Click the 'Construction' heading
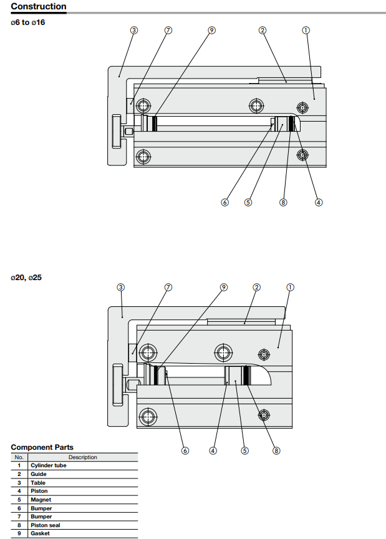[39, 7]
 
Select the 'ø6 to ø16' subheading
[28, 22]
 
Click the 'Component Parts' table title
[42, 447]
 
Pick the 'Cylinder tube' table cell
[48, 465]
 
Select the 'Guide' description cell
[39, 474]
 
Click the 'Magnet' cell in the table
[41, 500]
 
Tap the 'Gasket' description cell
[40, 533]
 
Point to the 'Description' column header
[82, 457]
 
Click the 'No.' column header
[19, 457]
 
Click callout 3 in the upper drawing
[134, 30]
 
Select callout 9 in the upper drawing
[212, 30]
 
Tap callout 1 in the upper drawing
[306, 30]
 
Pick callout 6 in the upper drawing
[225, 202]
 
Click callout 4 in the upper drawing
[319, 202]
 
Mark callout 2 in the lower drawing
[256, 287]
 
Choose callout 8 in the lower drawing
[276, 450]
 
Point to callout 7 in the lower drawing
[168, 287]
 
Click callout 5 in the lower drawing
[245, 450]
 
